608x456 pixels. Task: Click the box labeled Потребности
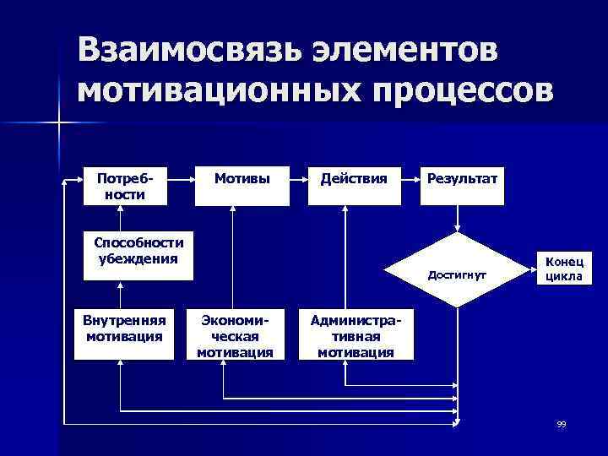121,187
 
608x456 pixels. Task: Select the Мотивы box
235,187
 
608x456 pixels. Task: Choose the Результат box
463,187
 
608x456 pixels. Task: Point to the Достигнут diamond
457,274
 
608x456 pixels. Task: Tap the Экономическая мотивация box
235,334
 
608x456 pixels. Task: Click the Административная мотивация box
355,334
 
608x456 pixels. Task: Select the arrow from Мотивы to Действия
294,179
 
